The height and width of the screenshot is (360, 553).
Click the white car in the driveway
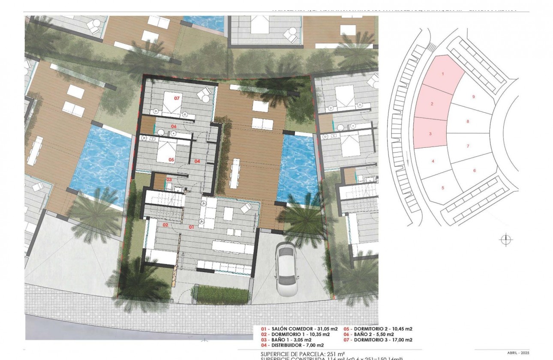[x=287, y=269]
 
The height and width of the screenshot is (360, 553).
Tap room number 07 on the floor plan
[x=177, y=98]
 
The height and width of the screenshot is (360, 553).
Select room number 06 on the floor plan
[x=174, y=126]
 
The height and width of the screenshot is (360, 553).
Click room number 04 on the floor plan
[x=197, y=161]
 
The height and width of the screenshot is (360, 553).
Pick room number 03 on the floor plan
[x=169, y=180]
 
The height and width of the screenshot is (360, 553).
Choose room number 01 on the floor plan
[x=191, y=226]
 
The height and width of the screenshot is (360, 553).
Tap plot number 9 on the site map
[x=473, y=97]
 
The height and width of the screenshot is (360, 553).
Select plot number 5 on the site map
[x=442, y=188]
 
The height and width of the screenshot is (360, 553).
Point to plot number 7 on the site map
[x=468, y=146]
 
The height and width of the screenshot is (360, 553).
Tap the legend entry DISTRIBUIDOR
[x=292, y=345]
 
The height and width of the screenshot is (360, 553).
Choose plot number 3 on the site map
[x=430, y=134]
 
